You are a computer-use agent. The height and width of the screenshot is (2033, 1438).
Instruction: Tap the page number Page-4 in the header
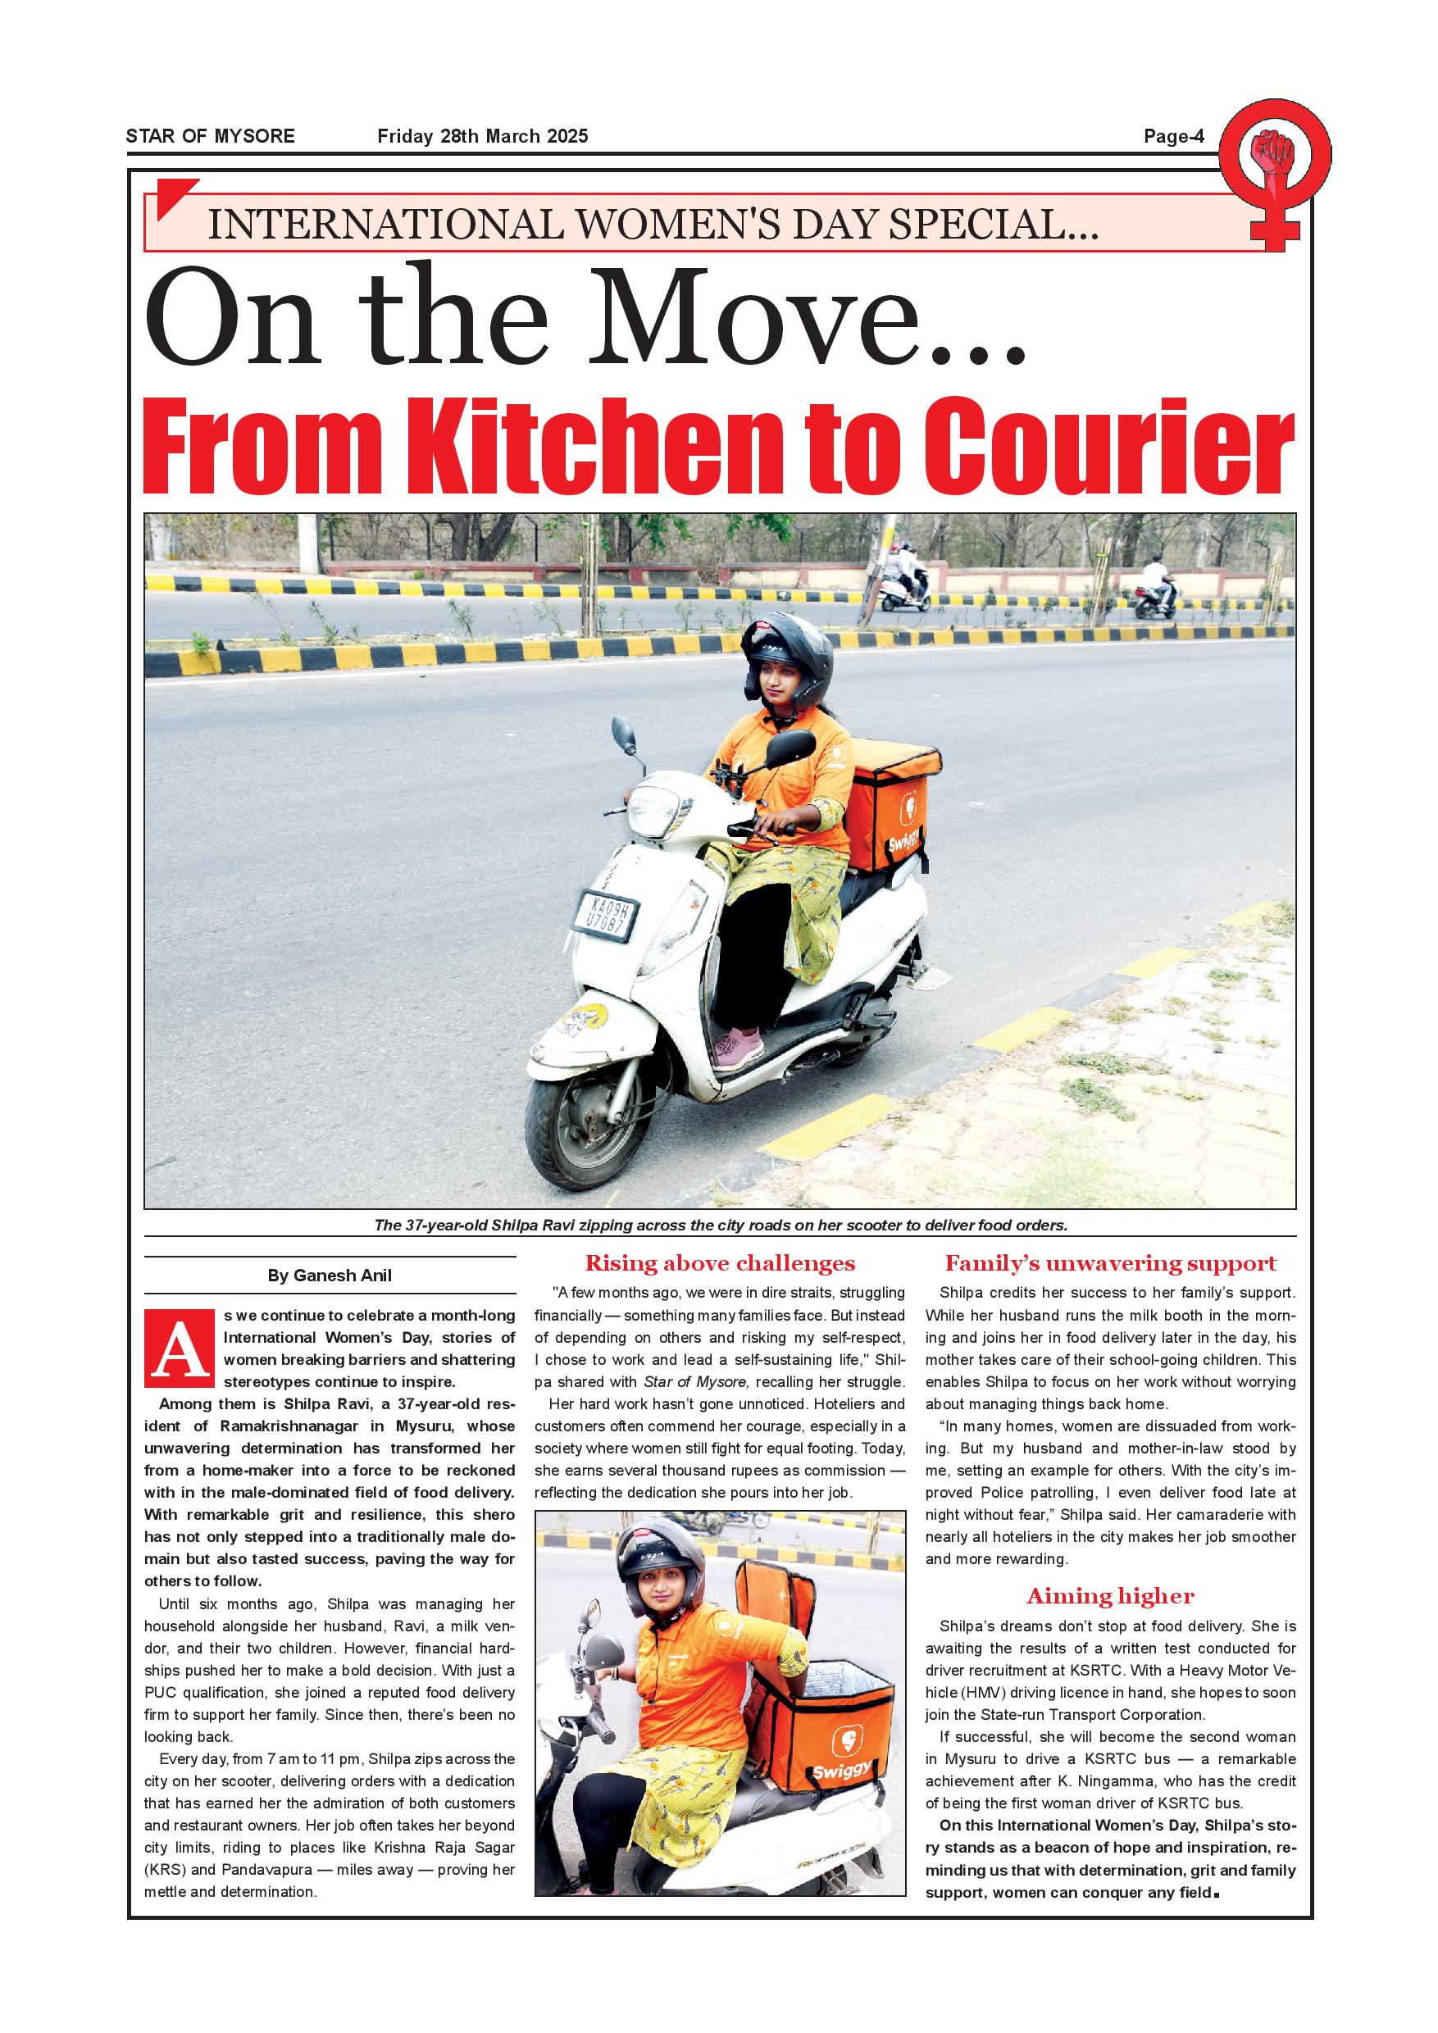(1173, 136)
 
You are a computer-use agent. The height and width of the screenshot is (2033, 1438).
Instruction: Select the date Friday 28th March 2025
(483, 136)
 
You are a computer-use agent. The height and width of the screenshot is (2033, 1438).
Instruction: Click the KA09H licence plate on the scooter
(607, 914)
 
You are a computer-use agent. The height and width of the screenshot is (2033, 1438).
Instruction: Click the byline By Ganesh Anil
(330, 1276)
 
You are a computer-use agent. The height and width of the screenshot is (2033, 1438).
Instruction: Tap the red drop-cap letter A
(180, 1349)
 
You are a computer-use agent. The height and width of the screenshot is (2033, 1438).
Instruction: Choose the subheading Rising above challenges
(720, 1263)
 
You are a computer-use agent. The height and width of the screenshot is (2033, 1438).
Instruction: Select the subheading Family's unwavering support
(1110, 1263)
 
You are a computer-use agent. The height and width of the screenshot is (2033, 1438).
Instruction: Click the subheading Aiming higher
(1110, 1596)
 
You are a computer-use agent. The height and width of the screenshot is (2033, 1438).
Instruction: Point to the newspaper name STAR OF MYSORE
(211, 136)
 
